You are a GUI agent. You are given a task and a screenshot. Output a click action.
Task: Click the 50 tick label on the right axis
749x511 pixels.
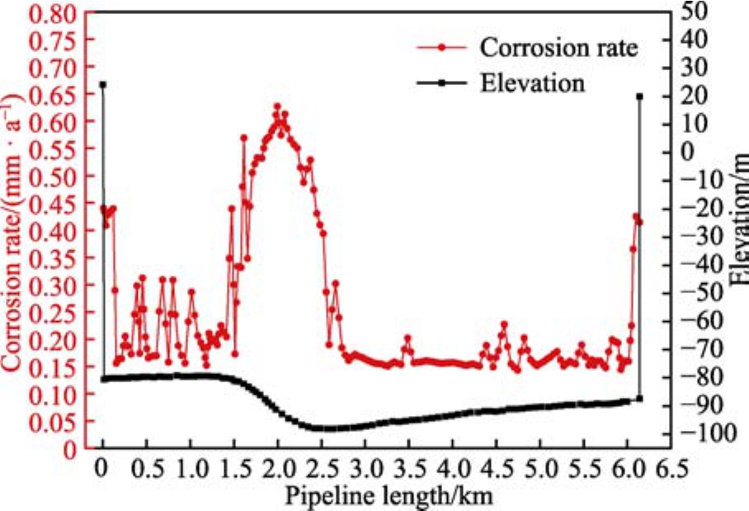(x=689, y=12)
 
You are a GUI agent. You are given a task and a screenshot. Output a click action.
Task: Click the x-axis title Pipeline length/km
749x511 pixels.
(x=390, y=495)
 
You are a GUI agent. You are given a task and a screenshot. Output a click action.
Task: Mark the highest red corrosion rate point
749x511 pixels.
(x=277, y=107)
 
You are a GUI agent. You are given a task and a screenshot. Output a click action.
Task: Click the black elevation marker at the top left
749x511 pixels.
(x=103, y=84)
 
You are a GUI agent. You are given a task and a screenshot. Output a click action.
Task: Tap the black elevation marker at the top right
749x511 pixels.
(x=640, y=97)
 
